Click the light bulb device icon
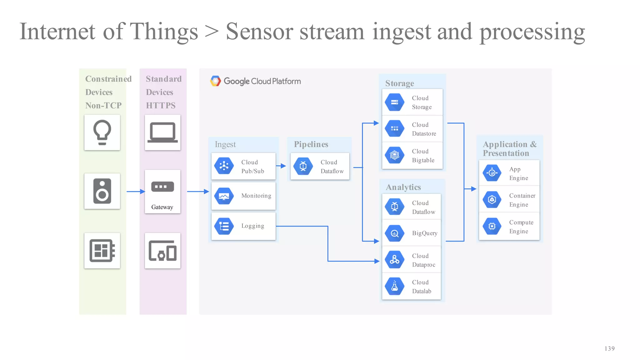(x=102, y=132)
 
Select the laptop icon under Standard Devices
(x=162, y=132)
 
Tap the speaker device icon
(x=102, y=191)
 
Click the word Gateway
(x=162, y=207)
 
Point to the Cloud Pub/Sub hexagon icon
(x=224, y=166)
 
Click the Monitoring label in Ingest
(x=256, y=196)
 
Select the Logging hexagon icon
(x=224, y=226)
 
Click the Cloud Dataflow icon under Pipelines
(x=303, y=166)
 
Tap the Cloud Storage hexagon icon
(x=394, y=102)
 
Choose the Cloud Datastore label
(x=424, y=129)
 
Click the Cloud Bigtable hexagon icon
(x=394, y=155)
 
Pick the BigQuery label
(x=424, y=233)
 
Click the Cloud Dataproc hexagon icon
(x=394, y=260)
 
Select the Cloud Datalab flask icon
(x=394, y=286)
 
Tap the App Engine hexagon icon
(x=492, y=173)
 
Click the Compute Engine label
(x=521, y=227)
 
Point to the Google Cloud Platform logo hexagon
(x=215, y=81)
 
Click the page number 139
(x=609, y=348)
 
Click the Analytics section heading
(x=403, y=187)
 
